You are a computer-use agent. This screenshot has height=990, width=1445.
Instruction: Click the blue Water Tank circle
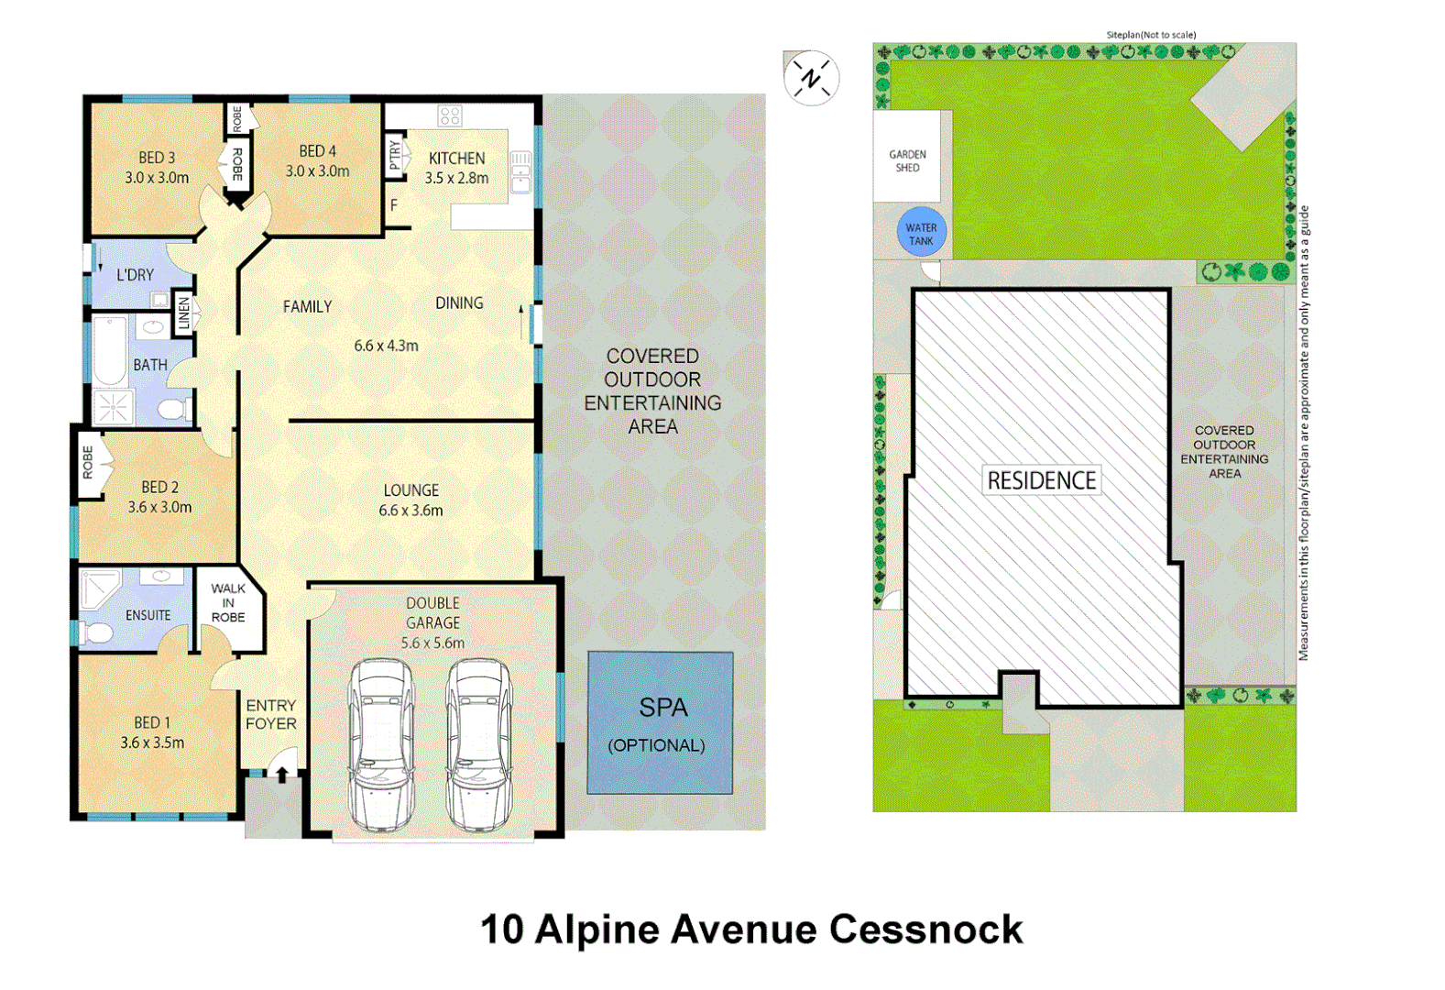tap(921, 234)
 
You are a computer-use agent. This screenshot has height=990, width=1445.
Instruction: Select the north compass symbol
tap(811, 78)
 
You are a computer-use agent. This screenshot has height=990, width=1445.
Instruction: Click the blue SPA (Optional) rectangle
tap(660, 722)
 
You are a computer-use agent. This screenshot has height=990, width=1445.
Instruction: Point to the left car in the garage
tap(381, 744)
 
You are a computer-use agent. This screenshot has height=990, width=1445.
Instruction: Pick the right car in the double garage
tap(478, 744)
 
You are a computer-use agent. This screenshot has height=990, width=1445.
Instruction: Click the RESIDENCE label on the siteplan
tap(1041, 480)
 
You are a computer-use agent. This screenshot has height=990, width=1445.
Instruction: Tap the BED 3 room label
tap(157, 168)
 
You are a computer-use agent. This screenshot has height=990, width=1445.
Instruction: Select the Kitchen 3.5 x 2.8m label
tap(456, 168)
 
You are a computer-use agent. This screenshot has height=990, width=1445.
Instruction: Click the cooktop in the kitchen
tap(449, 115)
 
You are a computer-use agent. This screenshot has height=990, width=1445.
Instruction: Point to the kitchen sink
tap(520, 171)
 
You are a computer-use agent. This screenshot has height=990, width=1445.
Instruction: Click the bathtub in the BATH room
tap(110, 350)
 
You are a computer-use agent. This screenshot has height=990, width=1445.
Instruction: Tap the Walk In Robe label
tap(228, 602)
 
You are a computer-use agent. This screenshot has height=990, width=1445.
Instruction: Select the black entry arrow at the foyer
tap(282, 775)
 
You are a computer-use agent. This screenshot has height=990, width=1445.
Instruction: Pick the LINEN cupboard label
tap(184, 313)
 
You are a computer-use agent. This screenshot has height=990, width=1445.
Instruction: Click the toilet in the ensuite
tap(94, 632)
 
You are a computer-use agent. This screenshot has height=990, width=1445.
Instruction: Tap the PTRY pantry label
tap(395, 154)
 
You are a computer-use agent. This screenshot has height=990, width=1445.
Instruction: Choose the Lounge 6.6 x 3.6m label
tap(411, 500)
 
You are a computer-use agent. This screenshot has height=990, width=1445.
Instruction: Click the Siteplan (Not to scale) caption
tap(1151, 35)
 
